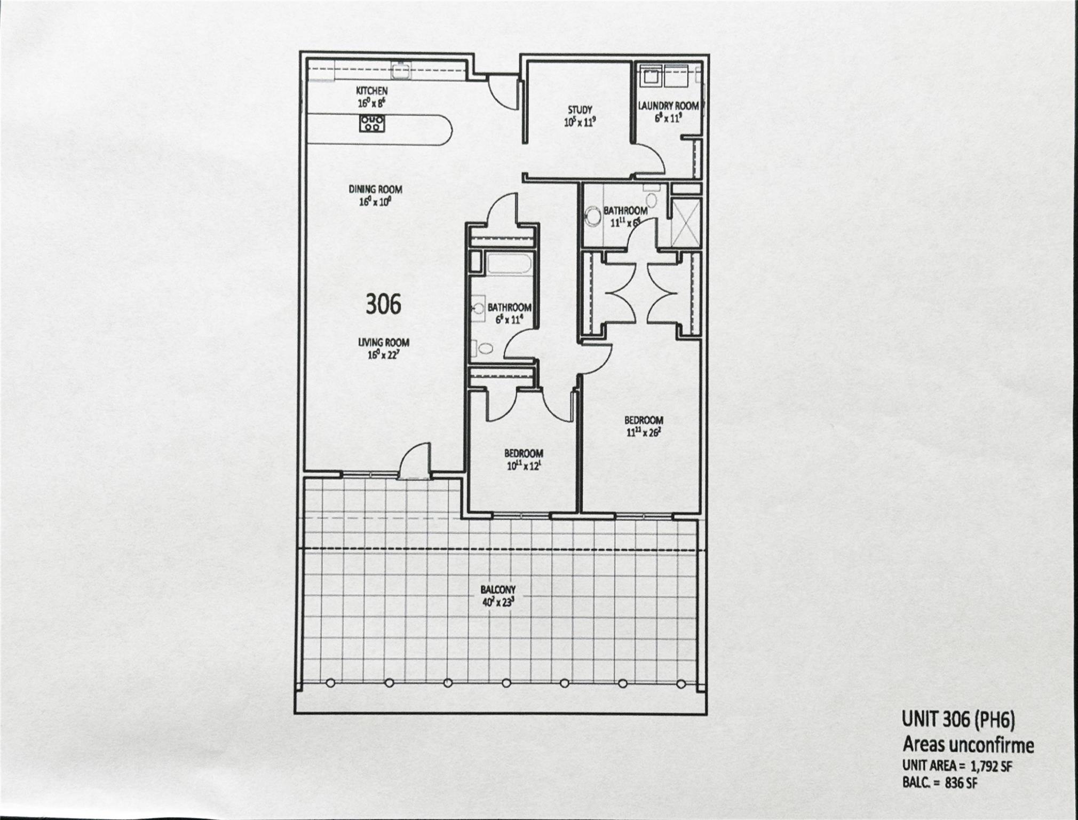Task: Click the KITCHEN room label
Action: (372, 91)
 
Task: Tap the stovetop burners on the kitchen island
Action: (371, 124)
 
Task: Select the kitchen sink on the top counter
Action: (400, 68)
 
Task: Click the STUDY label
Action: (579, 111)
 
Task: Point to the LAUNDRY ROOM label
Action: (668, 106)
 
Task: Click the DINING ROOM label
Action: (375, 190)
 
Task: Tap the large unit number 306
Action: (383, 304)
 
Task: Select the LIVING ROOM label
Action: (384, 343)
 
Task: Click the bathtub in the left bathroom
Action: (508, 265)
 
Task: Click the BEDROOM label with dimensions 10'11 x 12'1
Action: (524, 454)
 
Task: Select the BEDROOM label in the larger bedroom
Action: (643, 420)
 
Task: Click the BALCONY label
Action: (497, 590)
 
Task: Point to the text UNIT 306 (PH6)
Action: (958, 720)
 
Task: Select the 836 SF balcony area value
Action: (958, 783)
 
